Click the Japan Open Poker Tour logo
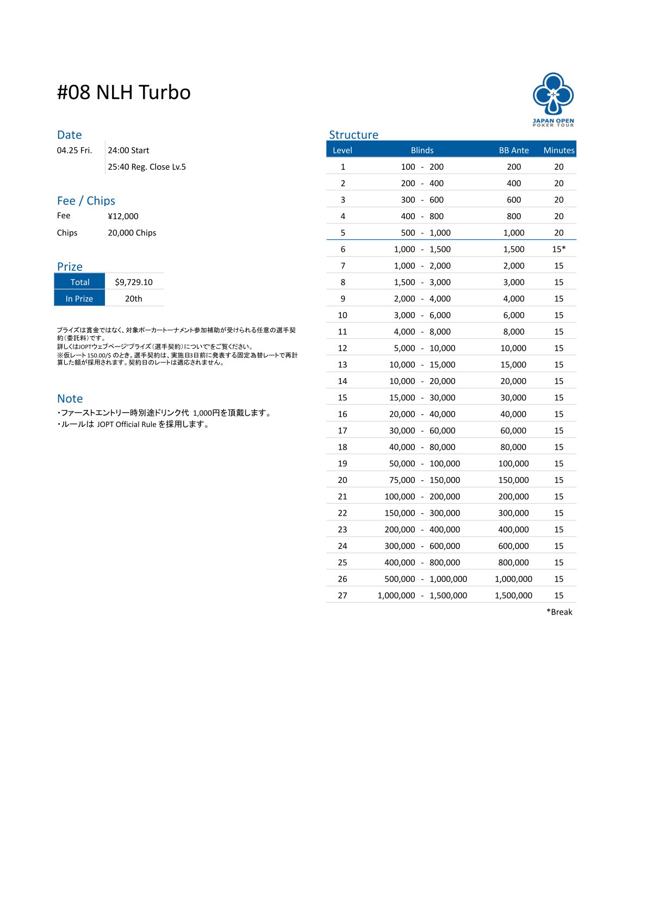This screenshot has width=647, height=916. [553, 100]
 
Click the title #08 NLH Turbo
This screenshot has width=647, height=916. [124, 92]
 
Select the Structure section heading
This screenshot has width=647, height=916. [353, 135]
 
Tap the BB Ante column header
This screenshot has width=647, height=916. [514, 150]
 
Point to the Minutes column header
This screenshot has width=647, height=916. [559, 150]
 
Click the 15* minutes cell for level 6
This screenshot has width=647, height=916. [559, 249]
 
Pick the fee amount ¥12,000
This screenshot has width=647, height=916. [123, 216]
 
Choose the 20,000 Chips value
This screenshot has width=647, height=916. [132, 233]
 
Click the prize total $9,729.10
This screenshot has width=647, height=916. [134, 282]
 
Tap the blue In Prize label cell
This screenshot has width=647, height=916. [79, 299]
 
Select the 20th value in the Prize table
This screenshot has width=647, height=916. [134, 299]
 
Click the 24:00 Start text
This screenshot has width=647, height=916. [128, 151]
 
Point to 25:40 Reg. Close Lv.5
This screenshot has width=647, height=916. [147, 167]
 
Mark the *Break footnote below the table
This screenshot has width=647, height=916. [559, 612]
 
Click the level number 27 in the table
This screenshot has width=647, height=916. [343, 596]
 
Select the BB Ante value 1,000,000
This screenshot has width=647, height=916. [513, 579]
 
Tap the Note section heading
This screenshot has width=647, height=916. [70, 399]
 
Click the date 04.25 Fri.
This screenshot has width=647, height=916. [74, 151]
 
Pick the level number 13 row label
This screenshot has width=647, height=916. [343, 364]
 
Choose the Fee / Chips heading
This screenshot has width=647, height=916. [86, 201]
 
